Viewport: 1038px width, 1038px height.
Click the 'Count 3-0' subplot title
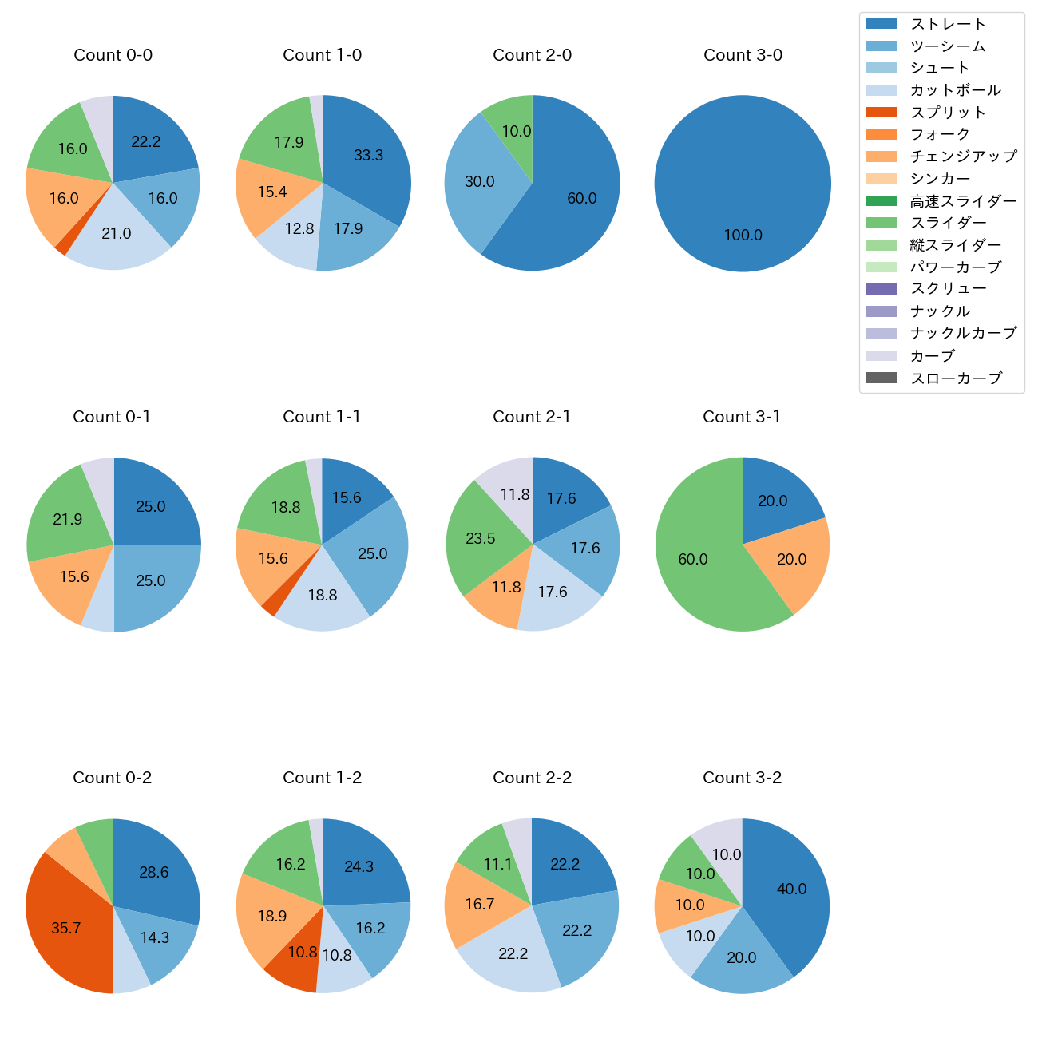(743, 55)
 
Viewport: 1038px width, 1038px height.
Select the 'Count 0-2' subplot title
(113, 778)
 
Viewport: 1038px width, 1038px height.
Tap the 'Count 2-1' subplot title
(532, 417)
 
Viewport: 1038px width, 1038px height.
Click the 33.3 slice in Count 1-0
(367, 156)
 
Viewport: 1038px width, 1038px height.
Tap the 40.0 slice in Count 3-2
(790, 889)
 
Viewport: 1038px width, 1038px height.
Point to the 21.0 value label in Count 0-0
(117, 234)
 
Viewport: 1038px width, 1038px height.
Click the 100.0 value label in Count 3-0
(743, 236)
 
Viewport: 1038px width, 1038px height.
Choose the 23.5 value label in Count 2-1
(481, 539)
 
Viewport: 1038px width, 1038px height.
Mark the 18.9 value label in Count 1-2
(272, 916)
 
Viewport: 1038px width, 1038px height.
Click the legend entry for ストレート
(948, 24)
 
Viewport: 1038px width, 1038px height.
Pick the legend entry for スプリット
(948, 113)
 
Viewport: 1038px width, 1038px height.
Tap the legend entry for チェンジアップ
(963, 156)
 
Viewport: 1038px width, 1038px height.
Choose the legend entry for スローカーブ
(956, 378)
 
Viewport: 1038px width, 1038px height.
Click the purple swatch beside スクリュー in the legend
(881, 289)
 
